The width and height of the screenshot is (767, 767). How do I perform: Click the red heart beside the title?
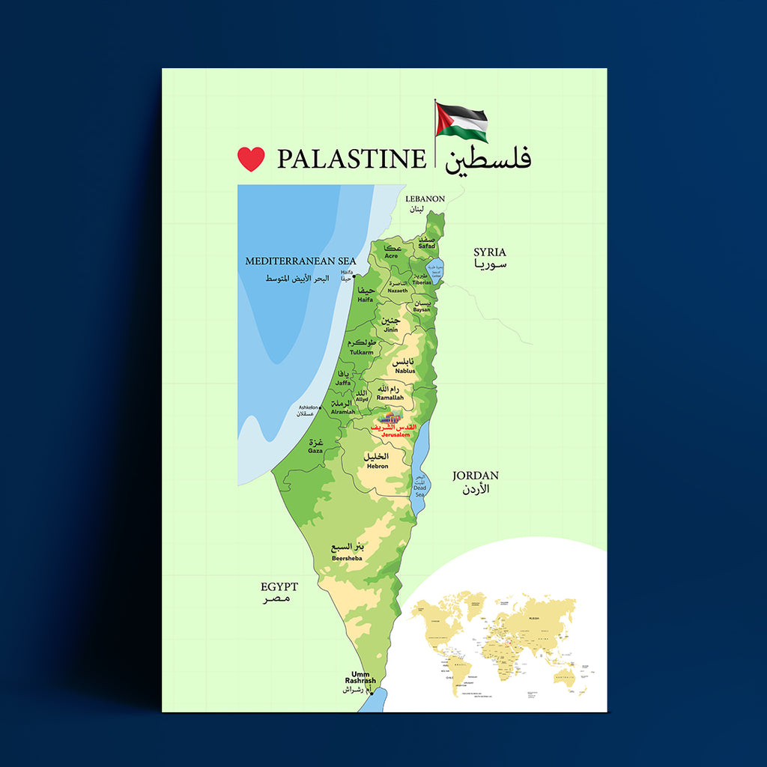[x=251, y=159]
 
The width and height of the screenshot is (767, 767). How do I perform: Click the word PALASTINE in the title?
[x=351, y=159]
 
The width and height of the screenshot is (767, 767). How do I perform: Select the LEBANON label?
[x=425, y=199]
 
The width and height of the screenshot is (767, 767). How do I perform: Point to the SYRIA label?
[x=489, y=252]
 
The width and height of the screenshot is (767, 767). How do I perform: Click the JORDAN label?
[x=475, y=476]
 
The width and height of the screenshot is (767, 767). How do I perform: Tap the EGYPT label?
[x=279, y=587]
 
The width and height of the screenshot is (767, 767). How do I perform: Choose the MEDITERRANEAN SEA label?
[x=300, y=261]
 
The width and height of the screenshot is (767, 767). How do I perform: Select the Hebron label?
[x=377, y=466]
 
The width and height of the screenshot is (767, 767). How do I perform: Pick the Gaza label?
[x=315, y=451]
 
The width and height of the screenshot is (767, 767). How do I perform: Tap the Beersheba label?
[x=347, y=557]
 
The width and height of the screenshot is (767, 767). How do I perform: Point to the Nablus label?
[x=404, y=371]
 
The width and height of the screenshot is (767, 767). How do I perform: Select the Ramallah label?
[x=389, y=398]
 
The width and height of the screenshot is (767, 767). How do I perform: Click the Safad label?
[x=426, y=246]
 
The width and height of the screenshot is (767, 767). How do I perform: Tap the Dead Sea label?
[x=419, y=491]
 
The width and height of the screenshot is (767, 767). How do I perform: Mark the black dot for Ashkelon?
[x=321, y=408]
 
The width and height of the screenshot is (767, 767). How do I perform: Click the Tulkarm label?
[x=361, y=352]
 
